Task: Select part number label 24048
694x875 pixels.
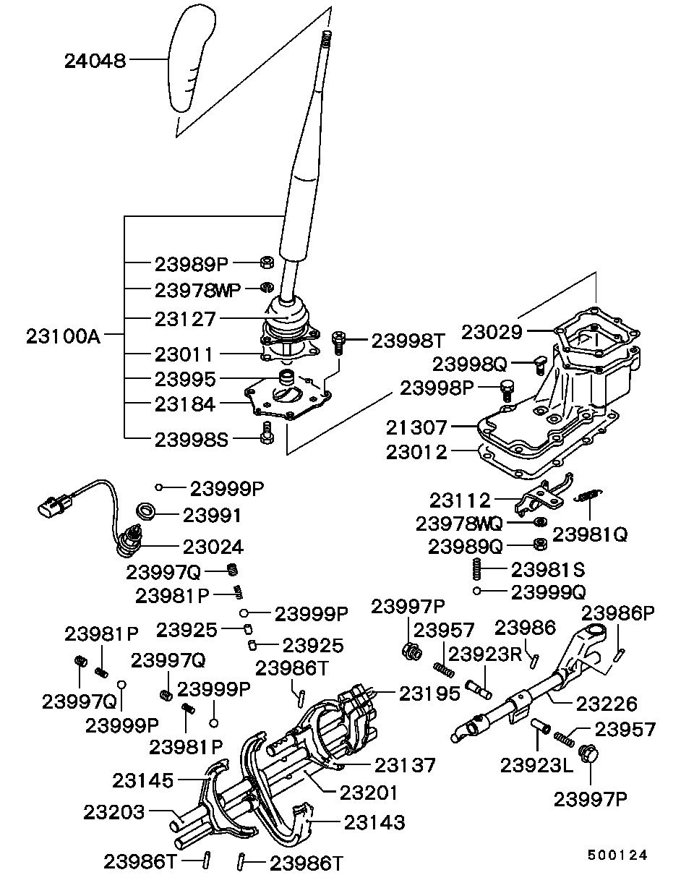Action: click(x=95, y=61)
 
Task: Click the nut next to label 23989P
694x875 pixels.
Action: click(x=265, y=262)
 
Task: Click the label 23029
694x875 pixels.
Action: click(x=492, y=332)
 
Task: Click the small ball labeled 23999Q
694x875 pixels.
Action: click(x=478, y=592)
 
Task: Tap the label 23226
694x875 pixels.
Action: click(x=607, y=702)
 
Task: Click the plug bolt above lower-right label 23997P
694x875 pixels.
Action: click(x=588, y=754)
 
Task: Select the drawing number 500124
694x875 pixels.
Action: click(x=616, y=855)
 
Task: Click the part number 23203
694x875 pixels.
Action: click(x=116, y=811)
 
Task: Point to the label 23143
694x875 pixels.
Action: click(x=374, y=822)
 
